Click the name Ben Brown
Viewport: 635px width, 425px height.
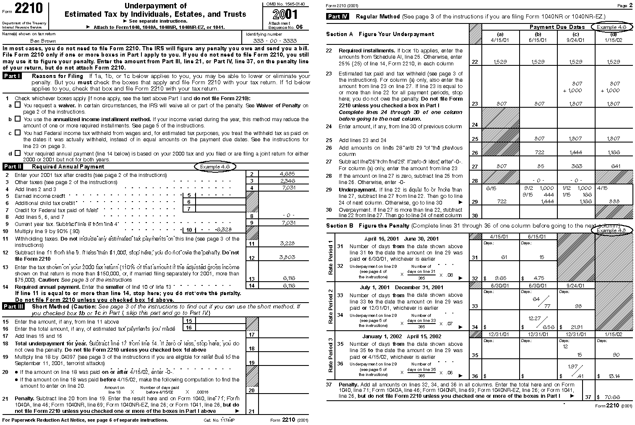[40, 41]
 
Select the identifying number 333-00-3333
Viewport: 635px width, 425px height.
[275, 41]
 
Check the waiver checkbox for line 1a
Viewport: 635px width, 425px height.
[18, 105]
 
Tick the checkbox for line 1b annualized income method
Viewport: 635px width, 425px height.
[18, 119]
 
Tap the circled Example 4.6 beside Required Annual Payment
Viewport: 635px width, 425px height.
[215, 166]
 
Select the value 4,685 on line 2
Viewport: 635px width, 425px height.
[287, 174]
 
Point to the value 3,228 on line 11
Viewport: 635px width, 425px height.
[287, 243]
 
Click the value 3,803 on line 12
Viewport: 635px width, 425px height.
[287, 257]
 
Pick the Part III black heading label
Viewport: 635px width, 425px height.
[14, 306]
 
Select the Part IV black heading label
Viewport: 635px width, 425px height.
[338, 17]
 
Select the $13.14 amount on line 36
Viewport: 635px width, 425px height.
[613, 376]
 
